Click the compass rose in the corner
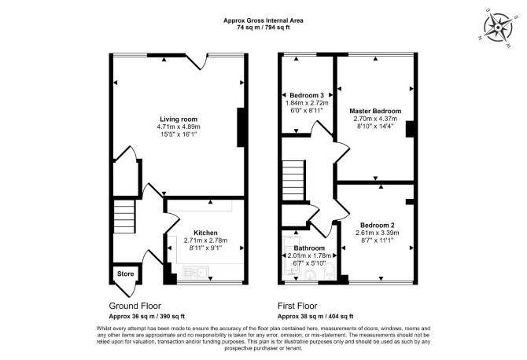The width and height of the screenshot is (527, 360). pyautogui.click(x=498, y=28)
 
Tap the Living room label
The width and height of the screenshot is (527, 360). pyautogui.click(x=179, y=119)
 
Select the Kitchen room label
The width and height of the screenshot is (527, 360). pyautogui.click(x=205, y=233)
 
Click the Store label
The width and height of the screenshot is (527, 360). pyautogui.click(x=125, y=274)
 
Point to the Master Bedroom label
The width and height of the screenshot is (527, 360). pyautogui.click(x=375, y=111)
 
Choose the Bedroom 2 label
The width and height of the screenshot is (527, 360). pyautogui.click(x=377, y=225)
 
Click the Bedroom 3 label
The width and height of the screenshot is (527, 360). pyautogui.click(x=307, y=95)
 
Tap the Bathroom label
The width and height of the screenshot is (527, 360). pyautogui.click(x=309, y=248)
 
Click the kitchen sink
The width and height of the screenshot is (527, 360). pyautogui.click(x=196, y=272)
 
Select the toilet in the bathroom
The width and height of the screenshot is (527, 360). pyautogui.click(x=329, y=271)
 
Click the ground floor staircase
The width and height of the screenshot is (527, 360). pyautogui.click(x=124, y=216)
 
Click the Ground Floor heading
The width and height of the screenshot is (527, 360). pyautogui.click(x=135, y=306)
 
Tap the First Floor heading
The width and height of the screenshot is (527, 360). pyautogui.click(x=297, y=306)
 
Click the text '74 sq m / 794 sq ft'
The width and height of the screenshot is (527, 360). pyautogui.click(x=263, y=28)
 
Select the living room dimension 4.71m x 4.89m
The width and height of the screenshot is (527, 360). pyautogui.click(x=179, y=127)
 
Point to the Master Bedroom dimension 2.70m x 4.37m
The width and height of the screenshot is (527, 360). pyautogui.click(x=375, y=119)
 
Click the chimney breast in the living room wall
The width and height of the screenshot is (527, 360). pyautogui.click(x=241, y=127)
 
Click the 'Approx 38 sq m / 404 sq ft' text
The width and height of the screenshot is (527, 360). pyautogui.click(x=315, y=316)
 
